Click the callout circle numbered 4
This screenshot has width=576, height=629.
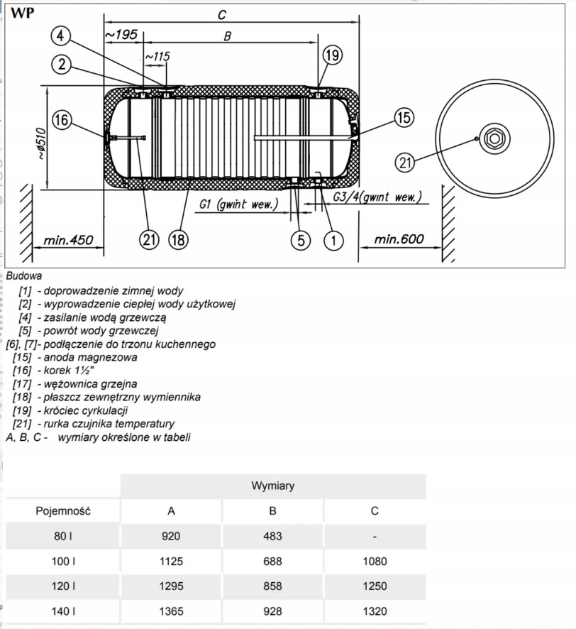[60, 35]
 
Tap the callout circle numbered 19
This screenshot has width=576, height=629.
[332, 55]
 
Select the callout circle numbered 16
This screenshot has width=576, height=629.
[62, 120]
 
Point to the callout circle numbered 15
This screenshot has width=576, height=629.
[404, 118]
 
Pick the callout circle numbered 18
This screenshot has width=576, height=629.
[178, 239]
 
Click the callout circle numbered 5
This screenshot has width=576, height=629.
[301, 240]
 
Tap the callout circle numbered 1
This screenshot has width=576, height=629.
[333, 240]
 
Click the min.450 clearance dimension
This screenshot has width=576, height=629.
[68, 240]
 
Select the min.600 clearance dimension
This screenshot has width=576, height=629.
[399, 239]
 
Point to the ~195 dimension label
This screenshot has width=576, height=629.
[121, 35]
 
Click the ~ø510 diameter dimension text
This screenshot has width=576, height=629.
[41, 143]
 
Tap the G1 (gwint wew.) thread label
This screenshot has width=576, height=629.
[238, 204]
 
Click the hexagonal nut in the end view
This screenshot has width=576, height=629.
[494, 138]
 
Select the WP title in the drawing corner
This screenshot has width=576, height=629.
[23, 13]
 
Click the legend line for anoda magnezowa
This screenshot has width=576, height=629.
[75, 357]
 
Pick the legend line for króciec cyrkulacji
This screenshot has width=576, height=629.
[70, 410]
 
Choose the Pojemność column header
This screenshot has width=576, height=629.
[63, 510]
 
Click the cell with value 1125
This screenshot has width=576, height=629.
[171, 561]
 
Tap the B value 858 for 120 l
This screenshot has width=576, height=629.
[272, 586]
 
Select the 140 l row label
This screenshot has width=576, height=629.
[63, 611]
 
